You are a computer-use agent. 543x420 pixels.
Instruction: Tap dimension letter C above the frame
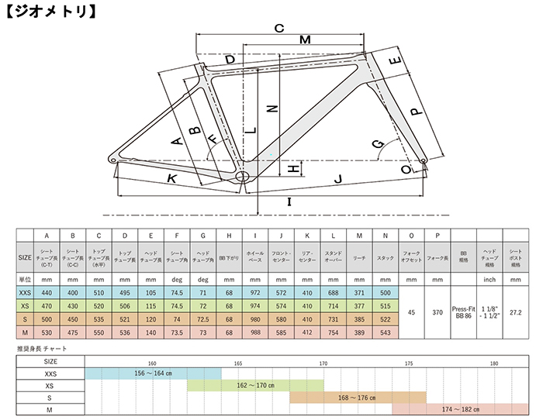click(x=279, y=28)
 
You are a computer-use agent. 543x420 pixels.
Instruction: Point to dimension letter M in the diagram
click(x=304, y=40)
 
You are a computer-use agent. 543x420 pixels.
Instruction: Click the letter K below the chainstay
click(x=171, y=179)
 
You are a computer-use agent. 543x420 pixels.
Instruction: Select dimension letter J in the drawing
click(x=337, y=180)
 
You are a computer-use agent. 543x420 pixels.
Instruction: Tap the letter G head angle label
click(x=378, y=145)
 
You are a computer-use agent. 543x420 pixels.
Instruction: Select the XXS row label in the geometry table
click(x=26, y=292)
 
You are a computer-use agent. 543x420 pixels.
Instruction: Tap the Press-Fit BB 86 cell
click(x=462, y=312)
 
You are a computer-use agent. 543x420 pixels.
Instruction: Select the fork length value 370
click(x=437, y=312)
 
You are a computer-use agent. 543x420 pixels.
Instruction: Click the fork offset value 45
click(x=410, y=312)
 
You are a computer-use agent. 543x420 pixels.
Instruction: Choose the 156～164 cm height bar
click(x=152, y=373)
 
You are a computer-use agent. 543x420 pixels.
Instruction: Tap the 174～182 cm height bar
click(x=461, y=410)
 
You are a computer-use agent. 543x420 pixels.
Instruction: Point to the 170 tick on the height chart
click(x=323, y=361)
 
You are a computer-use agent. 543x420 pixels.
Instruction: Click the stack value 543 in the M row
click(x=384, y=332)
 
